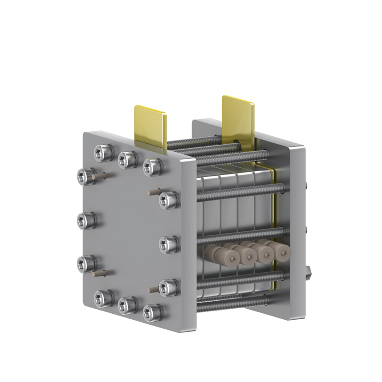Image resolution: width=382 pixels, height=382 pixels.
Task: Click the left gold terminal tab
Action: pos(150,125)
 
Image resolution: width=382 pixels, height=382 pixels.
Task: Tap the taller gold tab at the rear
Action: pos(238,117)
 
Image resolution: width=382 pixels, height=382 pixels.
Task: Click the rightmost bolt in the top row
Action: pos(152,167)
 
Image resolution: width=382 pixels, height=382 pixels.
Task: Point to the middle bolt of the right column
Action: pos(168,244)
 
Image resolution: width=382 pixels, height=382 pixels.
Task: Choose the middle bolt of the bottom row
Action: pos(127,305)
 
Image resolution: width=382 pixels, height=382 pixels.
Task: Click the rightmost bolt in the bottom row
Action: pos(152,312)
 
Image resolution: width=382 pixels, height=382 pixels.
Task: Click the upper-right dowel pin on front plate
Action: pos(153,191)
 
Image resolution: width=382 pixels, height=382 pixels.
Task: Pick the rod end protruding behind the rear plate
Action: pos(309,272)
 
